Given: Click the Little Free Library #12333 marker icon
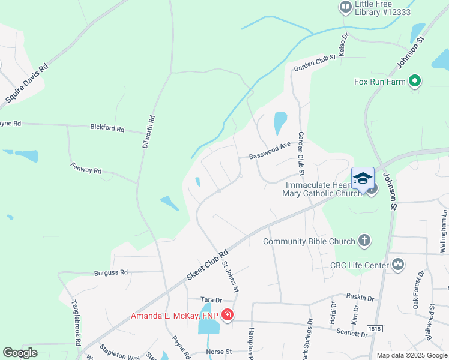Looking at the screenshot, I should click(345, 7).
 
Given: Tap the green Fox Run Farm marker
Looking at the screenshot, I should click(414, 82).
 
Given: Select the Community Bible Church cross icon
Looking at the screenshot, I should click(364, 241).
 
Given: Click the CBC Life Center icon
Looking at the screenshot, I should click(398, 264).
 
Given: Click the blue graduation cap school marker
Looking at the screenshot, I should click(363, 178).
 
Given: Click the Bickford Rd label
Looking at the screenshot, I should click(107, 128).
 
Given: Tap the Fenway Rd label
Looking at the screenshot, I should click(86, 169).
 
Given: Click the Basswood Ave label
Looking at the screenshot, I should click(270, 152).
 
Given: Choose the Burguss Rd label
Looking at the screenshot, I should click(111, 272).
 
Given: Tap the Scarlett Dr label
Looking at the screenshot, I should click(352, 334).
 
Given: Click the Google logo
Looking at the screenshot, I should click(20, 353).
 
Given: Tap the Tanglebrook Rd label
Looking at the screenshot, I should click(76, 323).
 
